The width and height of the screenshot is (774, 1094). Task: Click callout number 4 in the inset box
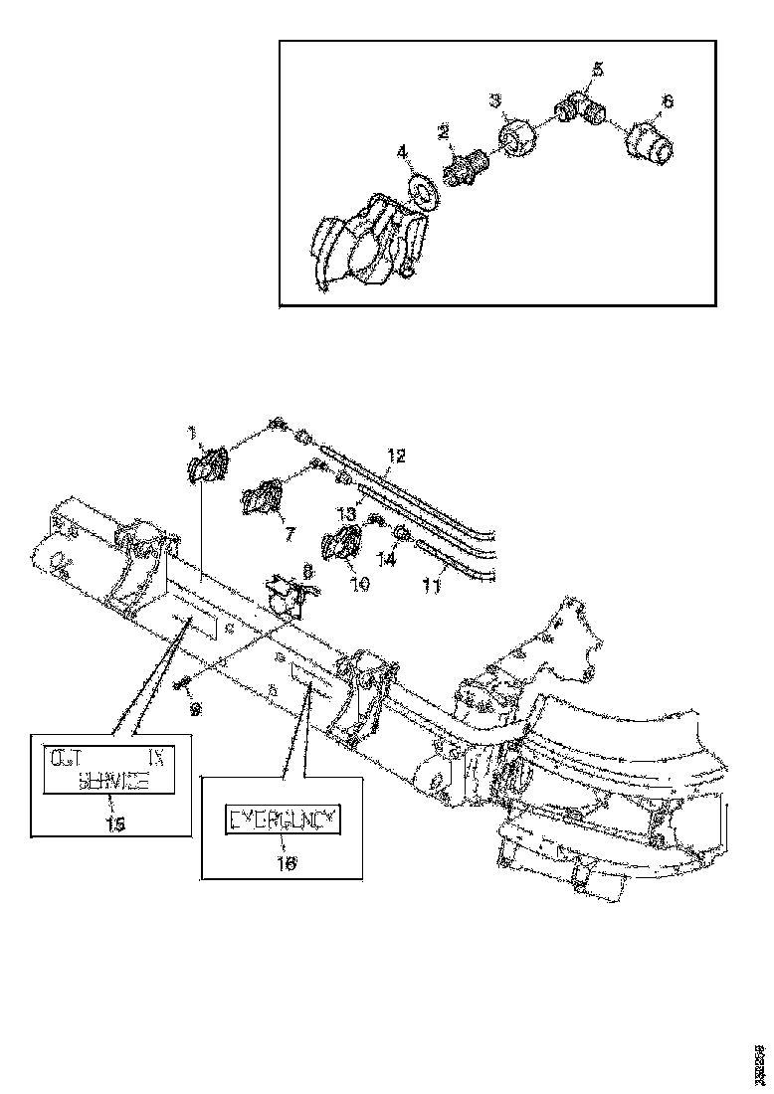402,152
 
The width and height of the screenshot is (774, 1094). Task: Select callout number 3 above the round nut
494,100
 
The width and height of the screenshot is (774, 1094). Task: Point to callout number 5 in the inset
597,69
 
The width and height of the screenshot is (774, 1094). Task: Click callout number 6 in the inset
668,100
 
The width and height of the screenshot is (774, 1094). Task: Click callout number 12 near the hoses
396,456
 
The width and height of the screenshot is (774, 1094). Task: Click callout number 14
385,560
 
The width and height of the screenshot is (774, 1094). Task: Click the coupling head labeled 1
207,465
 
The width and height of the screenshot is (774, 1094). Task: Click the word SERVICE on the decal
113,782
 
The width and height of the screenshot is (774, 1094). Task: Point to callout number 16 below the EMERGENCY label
286,865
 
